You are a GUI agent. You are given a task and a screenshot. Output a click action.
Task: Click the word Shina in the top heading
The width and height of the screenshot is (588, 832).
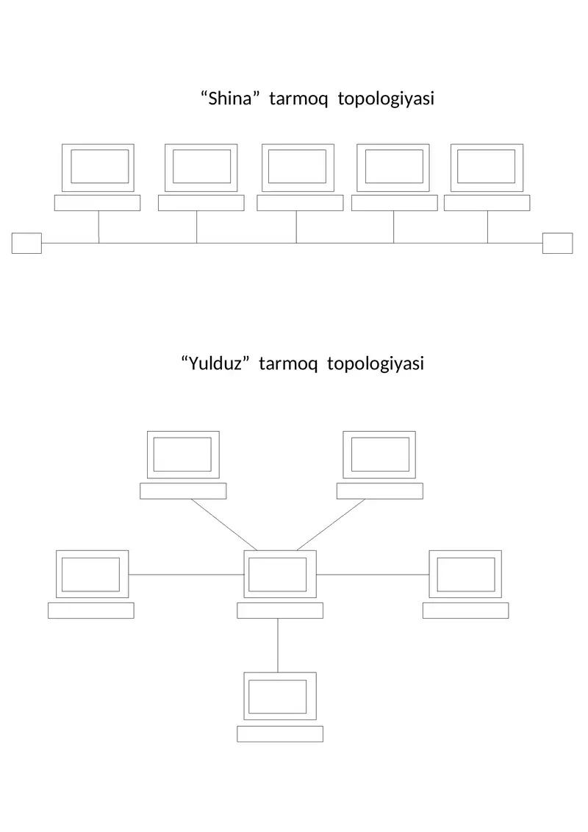click(229, 98)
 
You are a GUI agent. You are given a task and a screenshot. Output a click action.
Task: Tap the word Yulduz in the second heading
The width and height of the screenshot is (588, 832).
click(215, 363)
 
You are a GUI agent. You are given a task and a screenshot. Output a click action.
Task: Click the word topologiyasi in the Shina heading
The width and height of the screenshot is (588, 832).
click(386, 99)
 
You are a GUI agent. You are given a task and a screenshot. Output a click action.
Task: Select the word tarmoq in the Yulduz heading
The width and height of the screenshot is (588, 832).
click(288, 365)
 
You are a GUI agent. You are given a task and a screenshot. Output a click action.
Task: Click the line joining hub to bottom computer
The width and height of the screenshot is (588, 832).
click(278, 645)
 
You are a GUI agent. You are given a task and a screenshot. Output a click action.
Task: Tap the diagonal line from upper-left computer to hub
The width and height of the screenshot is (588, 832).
click(223, 525)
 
